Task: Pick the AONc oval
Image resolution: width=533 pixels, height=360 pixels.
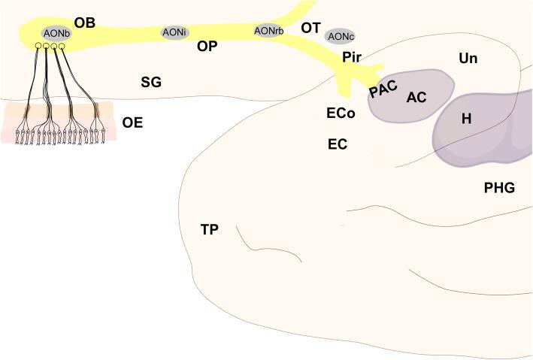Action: click(x=341, y=36)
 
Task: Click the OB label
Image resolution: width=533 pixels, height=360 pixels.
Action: click(x=85, y=23)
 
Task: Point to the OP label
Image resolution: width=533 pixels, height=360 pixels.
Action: click(x=207, y=46)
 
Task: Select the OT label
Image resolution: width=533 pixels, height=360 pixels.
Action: click(x=310, y=28)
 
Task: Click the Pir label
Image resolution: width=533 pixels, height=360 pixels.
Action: click(x=351, y=57)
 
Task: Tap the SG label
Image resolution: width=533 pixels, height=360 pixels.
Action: click(x=151, y=82)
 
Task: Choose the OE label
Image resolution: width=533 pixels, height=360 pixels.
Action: click(x=132, y=122)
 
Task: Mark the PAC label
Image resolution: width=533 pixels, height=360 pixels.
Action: click(x=382, y=90)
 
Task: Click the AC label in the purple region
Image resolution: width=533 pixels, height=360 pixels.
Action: click(x=416, y=97)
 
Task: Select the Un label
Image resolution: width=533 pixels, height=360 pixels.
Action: click(x=468, y=58)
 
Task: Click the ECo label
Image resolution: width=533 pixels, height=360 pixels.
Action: click(x=341, y=113)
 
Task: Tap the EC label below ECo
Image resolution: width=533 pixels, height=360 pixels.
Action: click(x=337, y=144)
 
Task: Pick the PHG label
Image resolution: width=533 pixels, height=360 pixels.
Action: click(x=499, y=188)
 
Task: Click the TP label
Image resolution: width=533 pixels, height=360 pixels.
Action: click(x=210, y=228)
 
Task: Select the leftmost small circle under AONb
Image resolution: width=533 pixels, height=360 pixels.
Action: click(x=38, y=47)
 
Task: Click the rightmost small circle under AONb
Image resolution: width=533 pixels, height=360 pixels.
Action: click(x=62, y=47)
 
